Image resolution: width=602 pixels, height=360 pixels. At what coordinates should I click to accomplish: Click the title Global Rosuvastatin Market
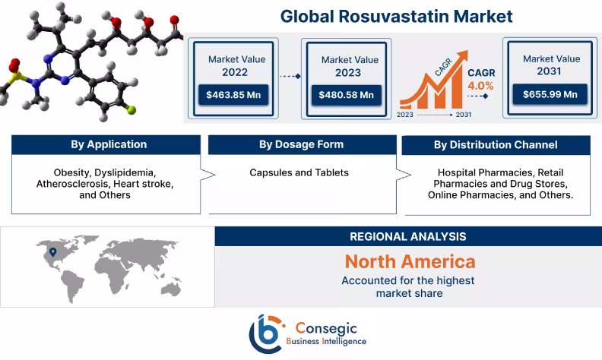[x=396, y=15]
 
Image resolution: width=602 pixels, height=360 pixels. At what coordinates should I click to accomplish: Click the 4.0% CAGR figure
[x=480, y=86]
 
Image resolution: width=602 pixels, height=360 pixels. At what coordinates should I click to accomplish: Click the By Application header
[x=109, y=145]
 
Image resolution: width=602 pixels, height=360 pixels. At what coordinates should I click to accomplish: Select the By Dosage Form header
[x=301, y=144]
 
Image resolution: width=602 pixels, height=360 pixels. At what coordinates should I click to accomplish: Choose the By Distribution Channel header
[x=496, y=145]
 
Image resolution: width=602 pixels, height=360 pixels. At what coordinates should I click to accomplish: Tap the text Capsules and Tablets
[x=299, y=173]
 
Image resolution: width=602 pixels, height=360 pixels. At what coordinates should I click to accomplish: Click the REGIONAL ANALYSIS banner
[x=407, y=237]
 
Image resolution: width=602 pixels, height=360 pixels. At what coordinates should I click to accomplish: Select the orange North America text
[x=410, y=262]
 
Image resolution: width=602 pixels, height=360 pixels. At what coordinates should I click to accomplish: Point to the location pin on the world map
[x=52, y=251]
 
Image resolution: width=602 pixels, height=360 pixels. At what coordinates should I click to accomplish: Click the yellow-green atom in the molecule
[x=131, y=111]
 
